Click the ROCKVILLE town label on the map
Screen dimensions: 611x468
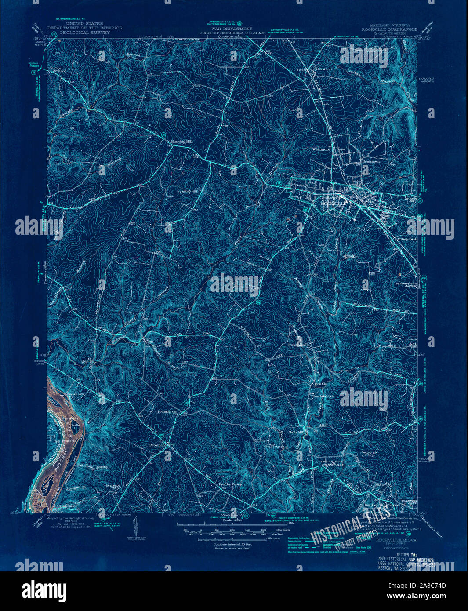334,204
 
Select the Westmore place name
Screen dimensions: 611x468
321,149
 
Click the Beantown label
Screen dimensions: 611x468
370,162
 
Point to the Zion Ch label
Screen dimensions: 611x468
320,384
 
